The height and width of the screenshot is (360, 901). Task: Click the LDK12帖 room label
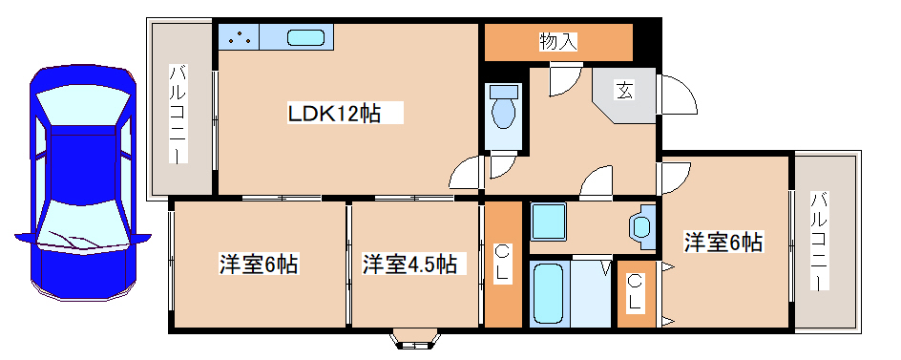tap(335, 114)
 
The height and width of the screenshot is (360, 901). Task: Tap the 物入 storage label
tap(558, 41)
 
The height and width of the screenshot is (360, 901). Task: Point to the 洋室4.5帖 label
tap(409, 264)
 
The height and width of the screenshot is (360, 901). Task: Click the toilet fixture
tap(503, 109)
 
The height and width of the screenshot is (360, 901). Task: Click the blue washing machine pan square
tap(550, 222)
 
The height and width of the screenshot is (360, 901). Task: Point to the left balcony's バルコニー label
tap(178, 113)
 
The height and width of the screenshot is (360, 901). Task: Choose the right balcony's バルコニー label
tap(819, 242)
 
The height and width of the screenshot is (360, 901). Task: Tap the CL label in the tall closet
tap(502, 264)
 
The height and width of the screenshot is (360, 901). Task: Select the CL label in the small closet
tap(636, 292)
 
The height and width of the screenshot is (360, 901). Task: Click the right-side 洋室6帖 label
tap(723, 242)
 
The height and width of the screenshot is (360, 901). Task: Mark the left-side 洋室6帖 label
tap(259, 264)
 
